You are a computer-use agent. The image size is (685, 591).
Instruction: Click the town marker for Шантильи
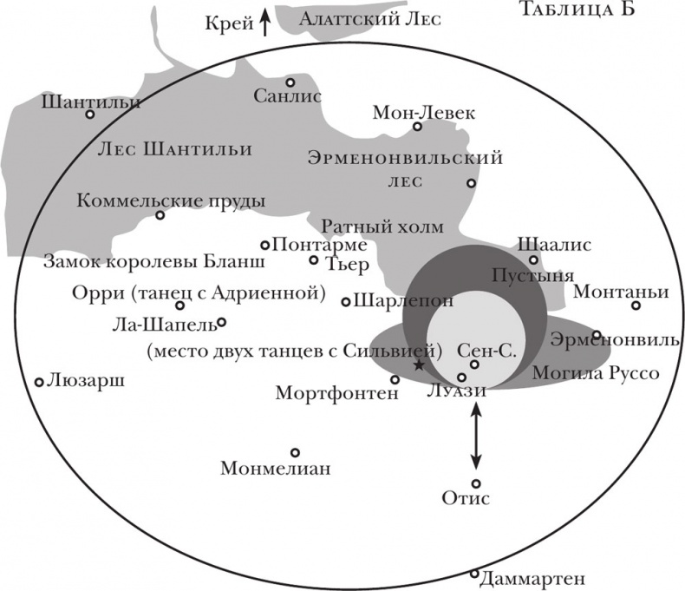click(89, 115)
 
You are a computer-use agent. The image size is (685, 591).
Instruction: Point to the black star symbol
click(420, 365)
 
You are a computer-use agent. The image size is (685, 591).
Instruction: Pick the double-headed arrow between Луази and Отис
click(475, 438)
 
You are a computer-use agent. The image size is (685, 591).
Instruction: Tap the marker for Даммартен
click(474, 573)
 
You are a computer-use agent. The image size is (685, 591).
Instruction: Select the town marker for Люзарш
click(39, 382)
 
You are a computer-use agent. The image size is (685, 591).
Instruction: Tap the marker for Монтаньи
click(636, 305)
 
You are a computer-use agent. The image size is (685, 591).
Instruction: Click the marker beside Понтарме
click(266, 245)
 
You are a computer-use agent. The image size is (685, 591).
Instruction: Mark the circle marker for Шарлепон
click(346, 302)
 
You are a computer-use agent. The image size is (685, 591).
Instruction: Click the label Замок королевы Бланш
click(132, 261)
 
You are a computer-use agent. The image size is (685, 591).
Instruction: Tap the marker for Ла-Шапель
click(221, 322)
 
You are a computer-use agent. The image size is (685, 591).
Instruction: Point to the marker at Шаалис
click(534, 259)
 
